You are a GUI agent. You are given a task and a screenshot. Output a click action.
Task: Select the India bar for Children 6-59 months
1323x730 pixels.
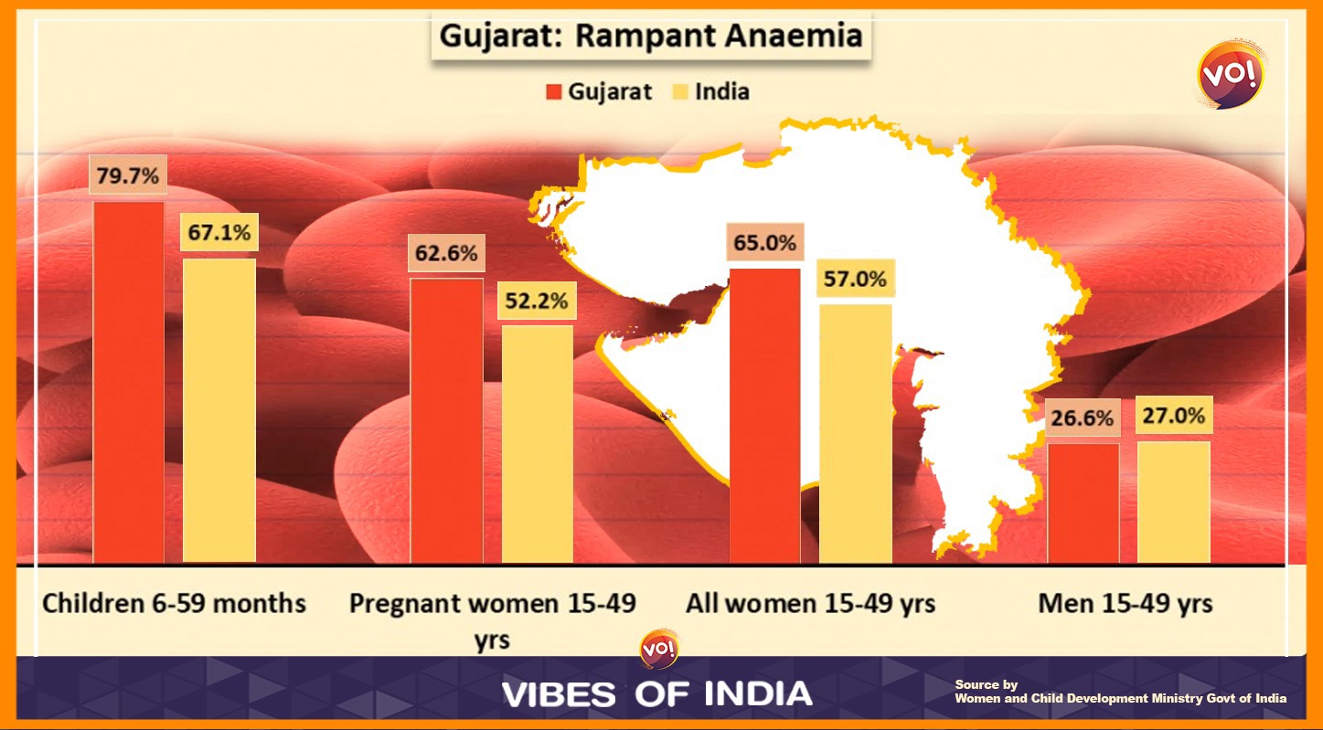(219, 410)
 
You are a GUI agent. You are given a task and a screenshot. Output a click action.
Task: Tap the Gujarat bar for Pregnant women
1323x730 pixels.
(446, 420)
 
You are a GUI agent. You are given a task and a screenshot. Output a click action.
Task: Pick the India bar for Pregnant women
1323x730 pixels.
(537, 443)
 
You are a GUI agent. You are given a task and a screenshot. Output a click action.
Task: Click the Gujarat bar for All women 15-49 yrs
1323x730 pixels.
(764, 416)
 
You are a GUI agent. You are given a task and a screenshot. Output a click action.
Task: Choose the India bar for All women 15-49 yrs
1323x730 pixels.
(855, 433)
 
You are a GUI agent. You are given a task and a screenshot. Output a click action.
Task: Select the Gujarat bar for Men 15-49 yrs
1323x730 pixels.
(1083, 503)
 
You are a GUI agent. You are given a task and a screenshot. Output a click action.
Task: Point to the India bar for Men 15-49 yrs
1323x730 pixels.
(1173, 502)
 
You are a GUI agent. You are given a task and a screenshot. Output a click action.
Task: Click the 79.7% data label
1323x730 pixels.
(128, 175)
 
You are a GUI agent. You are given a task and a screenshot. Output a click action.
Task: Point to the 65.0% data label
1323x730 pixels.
(764, 244)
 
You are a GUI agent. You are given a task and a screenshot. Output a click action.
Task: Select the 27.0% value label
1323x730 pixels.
(1173, 416)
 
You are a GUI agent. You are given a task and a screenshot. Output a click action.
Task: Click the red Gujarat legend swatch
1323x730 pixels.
(553, 91)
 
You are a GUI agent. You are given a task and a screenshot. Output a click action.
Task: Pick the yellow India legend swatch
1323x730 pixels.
(679, 91)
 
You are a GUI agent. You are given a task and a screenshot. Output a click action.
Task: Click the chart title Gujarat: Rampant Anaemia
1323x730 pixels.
(651, 37)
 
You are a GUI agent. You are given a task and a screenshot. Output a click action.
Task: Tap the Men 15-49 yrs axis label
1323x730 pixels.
(1126, 603)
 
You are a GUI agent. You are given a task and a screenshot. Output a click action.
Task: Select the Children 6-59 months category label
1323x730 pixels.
(175, 603)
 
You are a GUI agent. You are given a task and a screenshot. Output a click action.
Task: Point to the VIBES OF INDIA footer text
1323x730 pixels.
(656, 693)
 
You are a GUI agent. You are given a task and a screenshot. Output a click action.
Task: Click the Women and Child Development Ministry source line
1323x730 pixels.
(1120, 698)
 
